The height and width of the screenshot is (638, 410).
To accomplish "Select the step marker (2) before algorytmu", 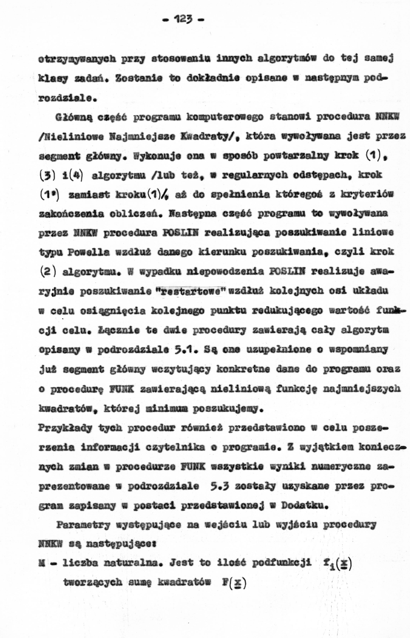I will pyautogui.click(x=48, y=272).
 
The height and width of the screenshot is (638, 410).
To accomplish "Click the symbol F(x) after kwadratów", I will pyautogui.click(x=234, y=583).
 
